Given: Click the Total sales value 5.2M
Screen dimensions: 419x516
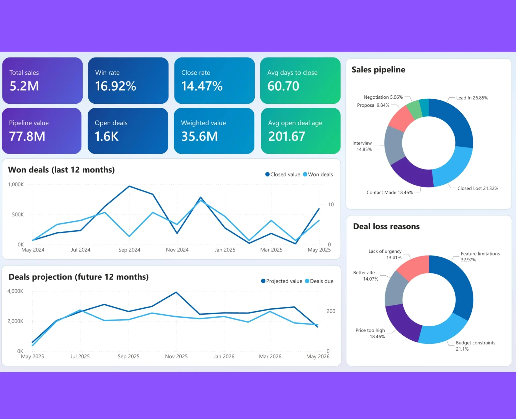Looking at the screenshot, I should [24, 86].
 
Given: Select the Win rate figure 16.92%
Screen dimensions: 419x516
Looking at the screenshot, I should [116, 86].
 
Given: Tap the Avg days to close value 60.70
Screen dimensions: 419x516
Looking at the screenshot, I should [283, 86].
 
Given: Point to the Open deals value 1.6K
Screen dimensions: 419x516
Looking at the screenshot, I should [107, 136].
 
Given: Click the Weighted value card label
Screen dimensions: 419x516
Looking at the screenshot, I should [203, 123].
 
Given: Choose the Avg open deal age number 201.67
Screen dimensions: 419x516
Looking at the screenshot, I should [287, 136].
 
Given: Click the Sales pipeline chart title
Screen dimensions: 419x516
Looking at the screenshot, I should [378, 70].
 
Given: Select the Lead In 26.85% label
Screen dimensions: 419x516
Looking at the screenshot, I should [472, 98].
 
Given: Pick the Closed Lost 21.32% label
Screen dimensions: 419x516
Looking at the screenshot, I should [478, 188].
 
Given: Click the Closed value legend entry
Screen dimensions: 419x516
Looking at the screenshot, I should [283, 174].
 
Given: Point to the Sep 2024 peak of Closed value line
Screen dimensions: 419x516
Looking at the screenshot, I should [129, 186].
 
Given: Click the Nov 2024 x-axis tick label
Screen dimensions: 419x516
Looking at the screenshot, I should [177, 250].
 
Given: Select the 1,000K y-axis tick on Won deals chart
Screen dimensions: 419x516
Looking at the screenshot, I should [16, 185].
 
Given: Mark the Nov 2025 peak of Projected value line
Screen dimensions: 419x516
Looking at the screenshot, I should [176, 292].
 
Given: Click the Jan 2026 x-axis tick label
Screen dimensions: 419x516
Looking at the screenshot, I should [224, 357].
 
